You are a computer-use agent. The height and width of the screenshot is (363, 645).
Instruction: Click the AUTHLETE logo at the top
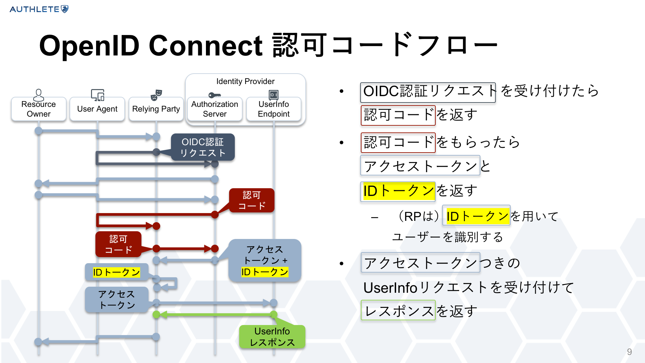[x=39, y=9]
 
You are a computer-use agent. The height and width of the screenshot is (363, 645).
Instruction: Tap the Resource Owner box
[x=39, y=109]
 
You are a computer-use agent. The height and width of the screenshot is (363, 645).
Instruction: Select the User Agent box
[x=97, y=109]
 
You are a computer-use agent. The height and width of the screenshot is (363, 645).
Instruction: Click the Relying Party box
[x=156, y=109]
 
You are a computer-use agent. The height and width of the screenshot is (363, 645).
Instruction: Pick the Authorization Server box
[x=215, y=109]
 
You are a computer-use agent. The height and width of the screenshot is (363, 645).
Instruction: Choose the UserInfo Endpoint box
[x=274, y=109]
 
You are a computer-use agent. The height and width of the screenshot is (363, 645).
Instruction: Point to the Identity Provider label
[x=245, y=81]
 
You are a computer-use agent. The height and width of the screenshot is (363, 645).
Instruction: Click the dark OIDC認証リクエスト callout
[x=203, y=147]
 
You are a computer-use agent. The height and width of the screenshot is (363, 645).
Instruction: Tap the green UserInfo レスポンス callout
[x=272, y=337]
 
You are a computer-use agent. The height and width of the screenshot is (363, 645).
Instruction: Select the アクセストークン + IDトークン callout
[x=265, y=260]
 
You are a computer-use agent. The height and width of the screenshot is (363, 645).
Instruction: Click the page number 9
[x=629, y=352]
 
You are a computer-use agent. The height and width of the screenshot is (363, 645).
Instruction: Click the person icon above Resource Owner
[x=39, y=95]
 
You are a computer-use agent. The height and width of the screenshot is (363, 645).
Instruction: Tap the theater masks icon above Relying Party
[x=157, y=95]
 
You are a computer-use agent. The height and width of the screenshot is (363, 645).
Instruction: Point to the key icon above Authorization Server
[x=214, y=95]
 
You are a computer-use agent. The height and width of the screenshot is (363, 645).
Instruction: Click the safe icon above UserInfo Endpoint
[x=274, y=95]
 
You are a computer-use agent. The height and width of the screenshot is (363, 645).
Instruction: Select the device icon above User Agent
[x=98, y=95]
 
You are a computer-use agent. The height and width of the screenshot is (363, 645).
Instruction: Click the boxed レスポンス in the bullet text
[x=398, y=310]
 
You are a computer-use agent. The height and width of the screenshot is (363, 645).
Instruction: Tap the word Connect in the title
[x=206, y=46]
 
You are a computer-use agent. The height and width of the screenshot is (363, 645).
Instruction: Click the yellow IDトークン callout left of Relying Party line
[x=116, y=272]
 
